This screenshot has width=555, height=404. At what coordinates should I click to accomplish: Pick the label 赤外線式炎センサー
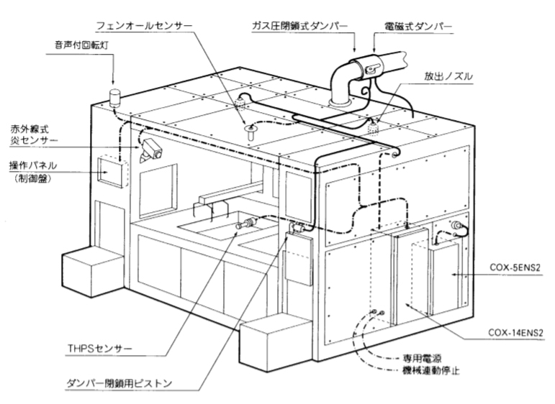[x=30, y=134]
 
